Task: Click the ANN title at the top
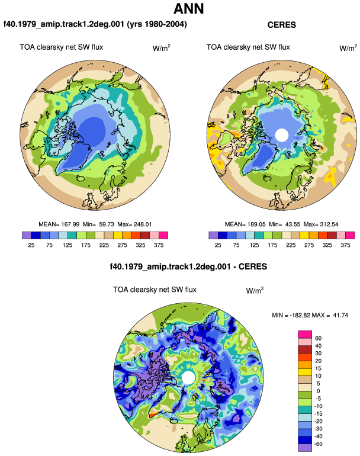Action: point(189,9)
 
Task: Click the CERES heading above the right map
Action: point(281,25)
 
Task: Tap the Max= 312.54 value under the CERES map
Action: point(321,224)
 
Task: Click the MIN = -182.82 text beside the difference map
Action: point(291,315)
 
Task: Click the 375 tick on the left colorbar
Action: point(159,245)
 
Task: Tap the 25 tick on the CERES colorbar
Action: point(218,245)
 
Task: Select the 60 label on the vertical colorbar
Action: point(319,338)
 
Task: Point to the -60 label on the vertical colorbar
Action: point(319,444)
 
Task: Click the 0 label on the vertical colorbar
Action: point(318,391)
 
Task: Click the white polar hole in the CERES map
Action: point(281,135)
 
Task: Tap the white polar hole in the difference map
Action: point(188,378)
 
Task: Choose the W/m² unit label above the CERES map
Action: point(348,48)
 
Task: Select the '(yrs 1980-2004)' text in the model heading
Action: point(157,24)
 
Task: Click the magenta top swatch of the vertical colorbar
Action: point(305,335)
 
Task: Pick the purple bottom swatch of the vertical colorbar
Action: point(305,448)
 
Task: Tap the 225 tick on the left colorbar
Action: point(104,245)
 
